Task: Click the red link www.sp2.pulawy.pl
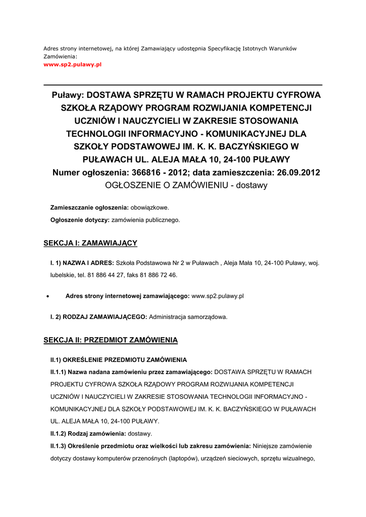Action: tap(73, 65)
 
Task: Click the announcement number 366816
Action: tap(148, 173)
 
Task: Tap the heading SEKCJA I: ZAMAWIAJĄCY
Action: tap(90, 243)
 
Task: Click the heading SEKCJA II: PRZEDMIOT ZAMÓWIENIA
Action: tap(111, 340)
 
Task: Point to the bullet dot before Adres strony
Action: tap(47, 296)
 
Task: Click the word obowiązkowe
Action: tap(150, 208)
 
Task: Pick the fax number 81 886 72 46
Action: tap(160, 275)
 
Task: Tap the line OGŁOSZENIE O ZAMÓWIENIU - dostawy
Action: tap(186, 185)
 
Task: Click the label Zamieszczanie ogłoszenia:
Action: tap(89, 208)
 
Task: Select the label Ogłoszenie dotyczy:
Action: tap(80, 220)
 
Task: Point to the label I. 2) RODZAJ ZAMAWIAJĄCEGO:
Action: tap(98, 317)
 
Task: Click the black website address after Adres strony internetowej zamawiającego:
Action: tap(218, 296)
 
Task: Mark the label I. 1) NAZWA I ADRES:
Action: tap(82, 263)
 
